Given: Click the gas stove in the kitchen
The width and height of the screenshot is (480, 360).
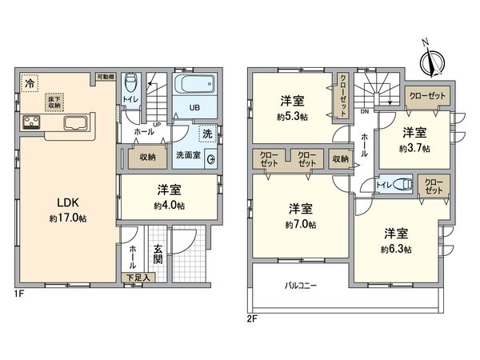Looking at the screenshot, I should coord(31,122).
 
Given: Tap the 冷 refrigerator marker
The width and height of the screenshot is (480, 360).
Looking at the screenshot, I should coord(30,82).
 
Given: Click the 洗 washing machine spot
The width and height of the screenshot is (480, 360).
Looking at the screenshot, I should coord(206,134).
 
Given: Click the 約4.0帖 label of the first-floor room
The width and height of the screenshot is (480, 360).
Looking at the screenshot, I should coord(170,206).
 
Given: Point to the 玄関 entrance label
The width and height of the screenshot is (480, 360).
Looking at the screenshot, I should coord(158,254).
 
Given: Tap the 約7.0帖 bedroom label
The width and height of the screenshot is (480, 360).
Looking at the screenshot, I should coord(300,225).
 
